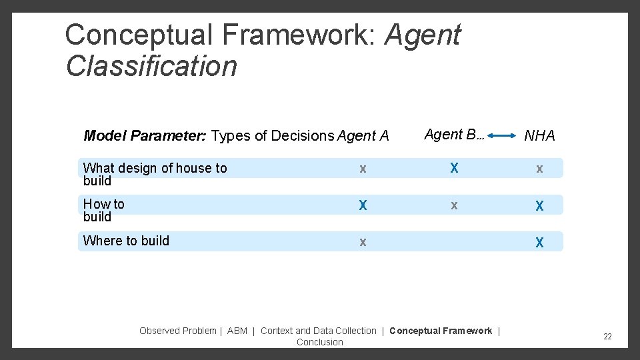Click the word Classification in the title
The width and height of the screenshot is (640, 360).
(x=151, y=65)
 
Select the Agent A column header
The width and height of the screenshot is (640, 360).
(x=363, y=136)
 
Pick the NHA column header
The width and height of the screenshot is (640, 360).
(x=539, y=136)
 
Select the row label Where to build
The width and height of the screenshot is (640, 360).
(x=126, y=241)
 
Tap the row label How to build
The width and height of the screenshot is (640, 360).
(x=103, y=210)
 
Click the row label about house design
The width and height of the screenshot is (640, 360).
(x=155, y=174)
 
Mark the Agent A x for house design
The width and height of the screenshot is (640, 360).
(x=363, y=169)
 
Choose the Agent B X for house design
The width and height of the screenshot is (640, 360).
(x=454, y=168)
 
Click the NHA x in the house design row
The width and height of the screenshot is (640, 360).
(x=539, y=169)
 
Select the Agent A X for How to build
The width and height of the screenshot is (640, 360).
(x=363, y=205)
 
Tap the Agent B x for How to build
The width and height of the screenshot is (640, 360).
(x=454, y=205)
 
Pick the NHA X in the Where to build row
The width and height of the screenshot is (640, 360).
(x=539, y=243)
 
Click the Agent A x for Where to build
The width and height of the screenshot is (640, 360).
(x=363, y=242)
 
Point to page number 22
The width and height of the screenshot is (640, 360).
(x=607, y=337)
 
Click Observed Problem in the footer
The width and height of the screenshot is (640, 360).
(x=177, y=331)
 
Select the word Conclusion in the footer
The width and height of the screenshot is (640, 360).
(x=320, y=342)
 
